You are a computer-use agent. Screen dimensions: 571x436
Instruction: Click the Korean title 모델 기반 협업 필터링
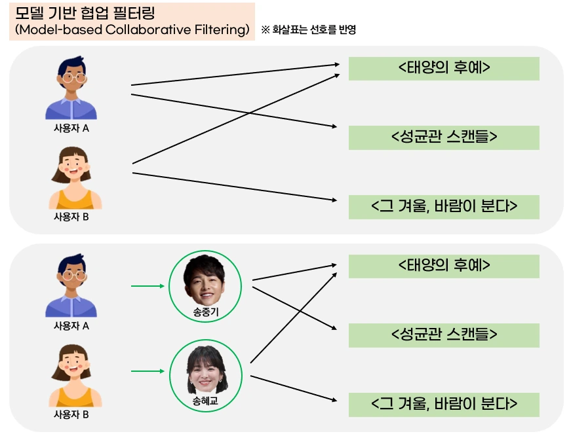85,14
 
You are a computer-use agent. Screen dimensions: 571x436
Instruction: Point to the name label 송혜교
205,401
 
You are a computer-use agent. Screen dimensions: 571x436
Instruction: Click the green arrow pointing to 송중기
147,285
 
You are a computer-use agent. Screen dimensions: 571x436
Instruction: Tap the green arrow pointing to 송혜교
147,371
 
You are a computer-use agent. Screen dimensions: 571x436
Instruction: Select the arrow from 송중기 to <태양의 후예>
295,272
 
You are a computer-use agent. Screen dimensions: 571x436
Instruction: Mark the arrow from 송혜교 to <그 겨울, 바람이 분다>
295,389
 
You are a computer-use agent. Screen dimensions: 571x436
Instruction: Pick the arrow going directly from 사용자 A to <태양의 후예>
236,74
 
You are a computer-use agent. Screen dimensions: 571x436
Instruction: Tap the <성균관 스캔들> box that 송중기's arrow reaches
444,335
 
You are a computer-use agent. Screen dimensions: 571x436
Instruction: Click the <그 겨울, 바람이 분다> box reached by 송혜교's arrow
444,405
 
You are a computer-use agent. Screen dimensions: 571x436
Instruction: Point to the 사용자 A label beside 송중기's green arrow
71,326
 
